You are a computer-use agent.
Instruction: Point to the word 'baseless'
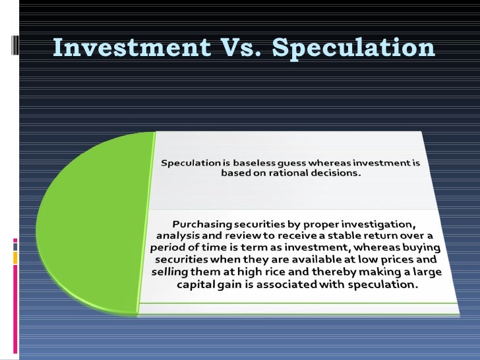258,163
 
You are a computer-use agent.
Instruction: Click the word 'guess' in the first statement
298,163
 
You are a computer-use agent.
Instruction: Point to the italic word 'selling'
168,273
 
